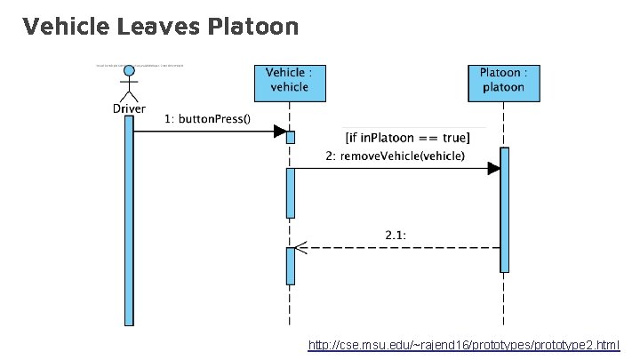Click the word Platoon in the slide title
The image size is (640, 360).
(x=252, y=27)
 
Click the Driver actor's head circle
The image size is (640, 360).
(x=130, y=70)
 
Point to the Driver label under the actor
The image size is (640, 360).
(x=130, y=108)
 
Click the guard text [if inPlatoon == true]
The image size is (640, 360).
(x=407, y=138)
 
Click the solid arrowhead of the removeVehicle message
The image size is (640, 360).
(x=494, y=169)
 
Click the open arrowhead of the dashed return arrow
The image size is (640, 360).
(x=301, y=248)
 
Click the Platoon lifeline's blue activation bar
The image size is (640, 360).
(x=504, y=210)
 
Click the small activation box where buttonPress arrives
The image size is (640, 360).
(x=290, y=137)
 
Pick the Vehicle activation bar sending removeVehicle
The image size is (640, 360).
(x=290, y=192)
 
